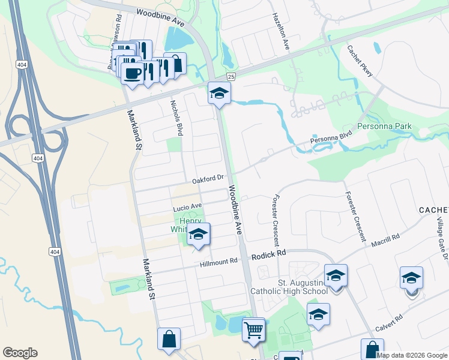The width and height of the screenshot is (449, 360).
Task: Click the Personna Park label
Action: pyautogui.click(x=384, y=127)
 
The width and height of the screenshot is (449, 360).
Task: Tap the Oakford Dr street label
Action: pyautogui.click(x=208, y=179)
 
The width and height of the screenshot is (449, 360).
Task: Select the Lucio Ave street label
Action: pyautogui.click(x=187, y=207)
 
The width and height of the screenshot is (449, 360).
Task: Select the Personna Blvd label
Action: pyautogui.click(x=330, y=139)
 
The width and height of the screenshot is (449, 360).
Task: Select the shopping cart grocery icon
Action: pyautogui.click(x=253, y=329)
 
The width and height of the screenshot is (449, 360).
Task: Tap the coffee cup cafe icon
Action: pyautogui.click(x=132, y=73)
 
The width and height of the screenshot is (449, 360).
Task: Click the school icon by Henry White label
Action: pyautogui.click(x=198, y=234)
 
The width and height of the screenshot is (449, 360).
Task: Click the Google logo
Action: pyautogui.click(x=20, y=353)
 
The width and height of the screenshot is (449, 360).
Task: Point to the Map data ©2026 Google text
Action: pyautogui.click(x=412, y=355)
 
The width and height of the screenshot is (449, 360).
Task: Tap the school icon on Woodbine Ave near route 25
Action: pyautogui.click(x=219, y=94)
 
